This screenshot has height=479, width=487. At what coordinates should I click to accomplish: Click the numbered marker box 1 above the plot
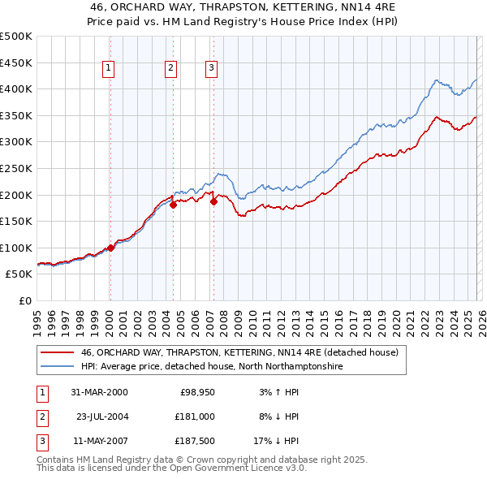109,69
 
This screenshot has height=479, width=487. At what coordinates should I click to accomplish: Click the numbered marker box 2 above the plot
171,69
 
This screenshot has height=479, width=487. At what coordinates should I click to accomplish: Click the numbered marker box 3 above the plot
211,69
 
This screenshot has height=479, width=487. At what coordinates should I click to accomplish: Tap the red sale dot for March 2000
110,248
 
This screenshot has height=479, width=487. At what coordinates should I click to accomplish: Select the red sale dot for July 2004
173,205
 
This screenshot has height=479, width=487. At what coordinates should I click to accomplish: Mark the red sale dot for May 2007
213,201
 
